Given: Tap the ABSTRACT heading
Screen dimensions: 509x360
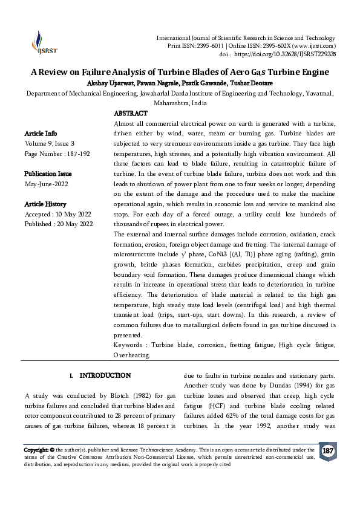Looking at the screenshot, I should (130, 114).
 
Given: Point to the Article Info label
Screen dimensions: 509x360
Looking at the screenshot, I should (41, 133).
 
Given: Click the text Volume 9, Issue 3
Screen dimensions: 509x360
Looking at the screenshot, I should (49, 143).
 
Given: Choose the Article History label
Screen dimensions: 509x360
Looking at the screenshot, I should (45, 204).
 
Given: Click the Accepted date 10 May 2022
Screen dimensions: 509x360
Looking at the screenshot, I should (76, 215).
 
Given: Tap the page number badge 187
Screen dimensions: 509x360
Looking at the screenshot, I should (328, 452).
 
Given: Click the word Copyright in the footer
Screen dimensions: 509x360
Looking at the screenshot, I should (35, 450).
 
